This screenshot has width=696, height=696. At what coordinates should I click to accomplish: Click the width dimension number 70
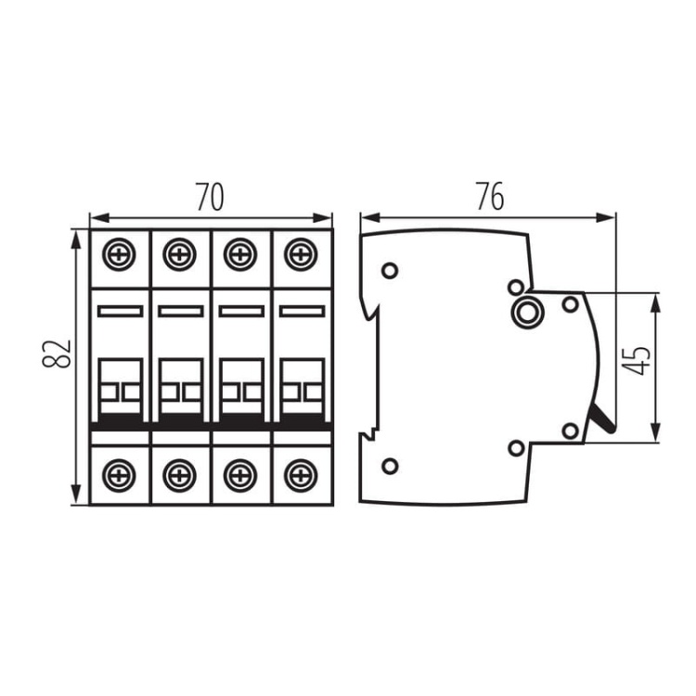[x=211, y=197]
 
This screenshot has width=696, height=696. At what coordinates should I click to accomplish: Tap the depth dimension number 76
[x=489, y=197]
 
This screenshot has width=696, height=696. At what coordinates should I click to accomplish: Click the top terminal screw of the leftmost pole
[x=119, y=253]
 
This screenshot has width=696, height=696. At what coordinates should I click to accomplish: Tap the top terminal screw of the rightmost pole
[x=300, y=253]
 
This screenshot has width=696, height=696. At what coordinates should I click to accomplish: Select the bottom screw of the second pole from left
[x=179, y=474]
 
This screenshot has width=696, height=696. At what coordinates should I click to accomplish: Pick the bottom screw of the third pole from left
[x=239, y=474]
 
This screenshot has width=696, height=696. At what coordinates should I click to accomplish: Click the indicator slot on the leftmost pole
[x=120, y=311]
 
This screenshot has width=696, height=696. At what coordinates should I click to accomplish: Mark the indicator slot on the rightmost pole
[x=301, y=311]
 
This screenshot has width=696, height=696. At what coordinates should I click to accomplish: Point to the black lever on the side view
[x=602, y=420]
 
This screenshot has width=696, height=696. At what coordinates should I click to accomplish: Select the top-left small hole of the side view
[x=390, y=271]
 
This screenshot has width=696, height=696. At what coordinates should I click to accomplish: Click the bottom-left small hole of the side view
[x=390, y=466]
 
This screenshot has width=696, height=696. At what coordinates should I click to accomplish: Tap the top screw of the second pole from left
[x=179, y=253]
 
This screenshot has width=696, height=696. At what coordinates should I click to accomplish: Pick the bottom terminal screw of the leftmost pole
[x=119, y=474]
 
